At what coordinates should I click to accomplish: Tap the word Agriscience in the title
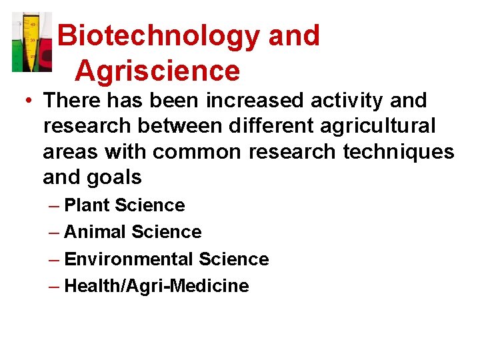click(x=157, y=71)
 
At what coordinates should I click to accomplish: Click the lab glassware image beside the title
click(x=31, y=42)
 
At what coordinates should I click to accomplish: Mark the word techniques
click(x=399, y=152)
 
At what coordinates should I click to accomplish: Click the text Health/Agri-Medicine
click(x=157, y=286)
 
